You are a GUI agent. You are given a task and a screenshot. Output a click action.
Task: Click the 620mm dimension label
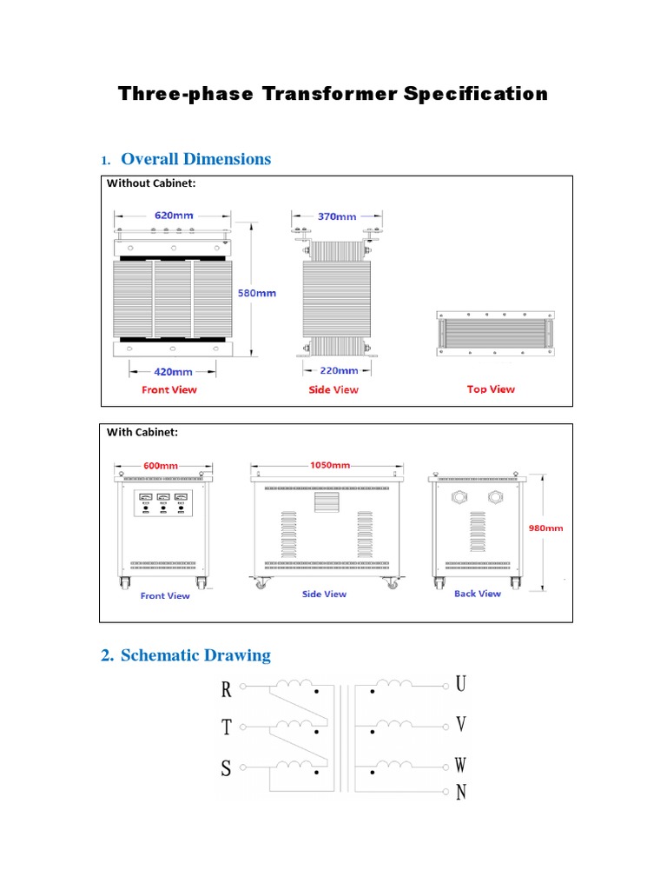pos(174,215)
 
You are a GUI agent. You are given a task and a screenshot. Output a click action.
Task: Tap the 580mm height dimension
pos(257,293)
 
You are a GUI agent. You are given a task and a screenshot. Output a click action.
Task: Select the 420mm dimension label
pos(174,370)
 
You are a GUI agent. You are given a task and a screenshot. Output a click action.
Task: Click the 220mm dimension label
pos(338,370)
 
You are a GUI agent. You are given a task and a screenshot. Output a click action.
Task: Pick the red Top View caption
pos(491,389)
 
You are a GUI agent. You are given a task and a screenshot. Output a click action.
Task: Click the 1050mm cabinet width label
pos(329,465)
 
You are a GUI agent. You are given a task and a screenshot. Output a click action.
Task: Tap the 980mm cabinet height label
pos(545,528)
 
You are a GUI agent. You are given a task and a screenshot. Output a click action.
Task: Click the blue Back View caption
pos(478,594)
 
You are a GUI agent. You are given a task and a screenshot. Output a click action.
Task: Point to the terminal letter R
pos(227,689)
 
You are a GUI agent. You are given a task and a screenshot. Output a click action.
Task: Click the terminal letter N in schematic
pos(461,792)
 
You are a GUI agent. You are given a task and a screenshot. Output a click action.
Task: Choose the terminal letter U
pos(461,684)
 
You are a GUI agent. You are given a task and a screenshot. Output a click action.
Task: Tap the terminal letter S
pos(227,768)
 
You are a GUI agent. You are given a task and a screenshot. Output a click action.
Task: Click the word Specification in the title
pos(475,94)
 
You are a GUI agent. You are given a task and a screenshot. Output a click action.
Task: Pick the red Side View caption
pos(333,389)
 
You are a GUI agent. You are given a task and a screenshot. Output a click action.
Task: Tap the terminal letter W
pos(461,765)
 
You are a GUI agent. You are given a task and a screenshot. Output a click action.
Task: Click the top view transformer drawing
pos(494,334)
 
